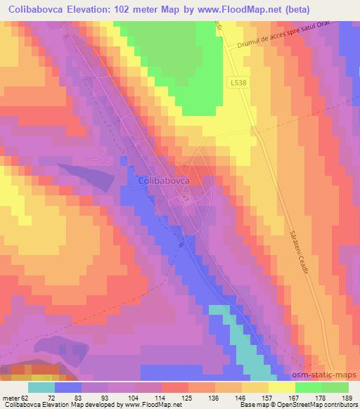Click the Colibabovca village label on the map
point(161,180)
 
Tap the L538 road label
point(238,82)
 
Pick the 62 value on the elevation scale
point(25,397)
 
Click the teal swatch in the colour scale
point(41,387)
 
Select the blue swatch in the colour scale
point(68,387)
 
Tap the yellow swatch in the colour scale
point(281,387)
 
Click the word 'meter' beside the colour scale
point(10,397)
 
